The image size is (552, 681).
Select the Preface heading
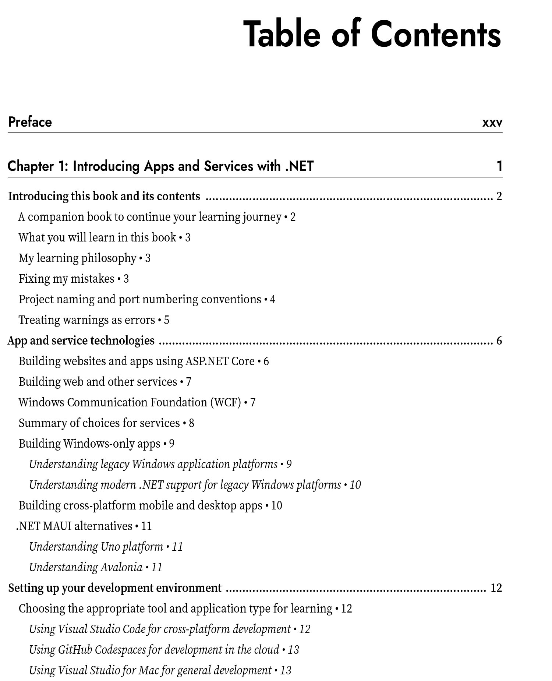click(x=30, y=122)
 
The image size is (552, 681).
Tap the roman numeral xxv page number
click(x=492, y=123)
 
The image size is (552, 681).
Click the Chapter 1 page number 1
click(x=499, y=166)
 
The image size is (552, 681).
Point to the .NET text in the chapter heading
click(x=299, y=166)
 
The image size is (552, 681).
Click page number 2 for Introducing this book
click(x=499, y=196)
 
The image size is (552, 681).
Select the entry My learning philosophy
click(x=78, y=258)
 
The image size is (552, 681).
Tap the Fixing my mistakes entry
click(x=67, y=279)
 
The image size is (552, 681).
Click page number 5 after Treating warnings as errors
click(x=167, y=320)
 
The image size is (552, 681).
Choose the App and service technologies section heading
click(x=81, y=340)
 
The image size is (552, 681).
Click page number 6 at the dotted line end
click(x=499, y=340)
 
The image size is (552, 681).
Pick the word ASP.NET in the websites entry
click(x=206, y=361)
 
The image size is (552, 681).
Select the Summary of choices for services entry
click(x=99, y=423)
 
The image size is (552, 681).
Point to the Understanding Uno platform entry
click(x=96, y=547)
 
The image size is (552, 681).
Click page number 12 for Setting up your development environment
click(x=496, y=588)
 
